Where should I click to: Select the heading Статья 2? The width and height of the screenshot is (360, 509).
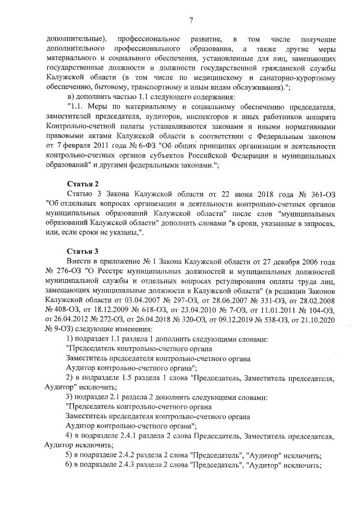[83, 184]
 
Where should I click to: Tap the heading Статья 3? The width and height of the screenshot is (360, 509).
[83, 251]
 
